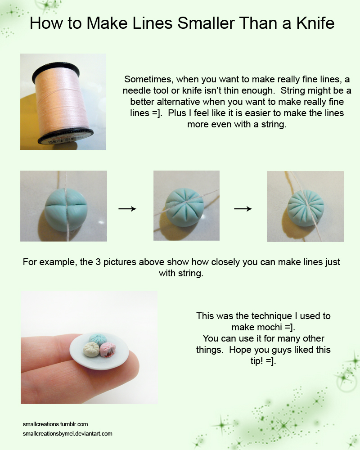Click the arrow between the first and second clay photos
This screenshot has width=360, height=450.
tap(127, 209)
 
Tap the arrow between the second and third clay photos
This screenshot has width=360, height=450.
tap(243, 209)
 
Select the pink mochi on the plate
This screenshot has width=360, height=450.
tap(108, 349)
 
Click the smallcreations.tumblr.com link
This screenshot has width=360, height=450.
tap(55, 424)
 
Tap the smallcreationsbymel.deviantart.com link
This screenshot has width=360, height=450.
tap(67, 434)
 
